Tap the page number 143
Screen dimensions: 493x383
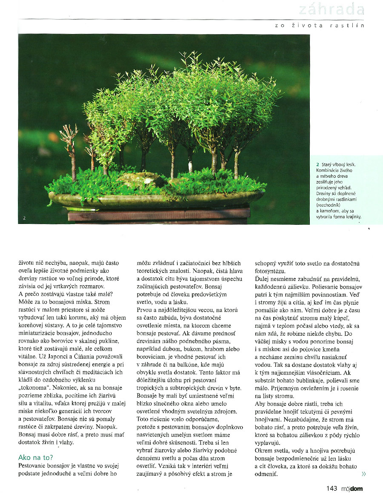[332, 489]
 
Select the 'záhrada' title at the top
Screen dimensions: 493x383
[332, 9]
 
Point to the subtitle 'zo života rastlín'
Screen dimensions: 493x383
[320, 25]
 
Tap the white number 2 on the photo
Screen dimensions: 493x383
[25, 218]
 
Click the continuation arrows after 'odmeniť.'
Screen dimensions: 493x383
[363, 474]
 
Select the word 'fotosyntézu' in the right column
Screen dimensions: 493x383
[271, 271]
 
